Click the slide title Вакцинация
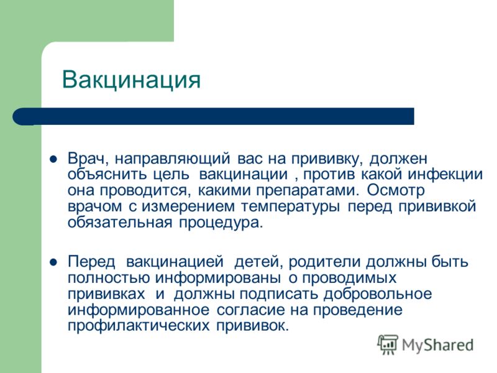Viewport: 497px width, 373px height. [x=131, y=80]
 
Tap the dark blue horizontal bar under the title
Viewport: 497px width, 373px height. [x=213, y=116]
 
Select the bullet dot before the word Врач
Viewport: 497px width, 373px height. [x=53, y=159]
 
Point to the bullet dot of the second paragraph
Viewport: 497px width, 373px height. [x=53, y=262]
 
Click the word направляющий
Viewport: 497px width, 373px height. [x=173, y=159]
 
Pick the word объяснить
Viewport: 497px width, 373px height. [x=107, y=175]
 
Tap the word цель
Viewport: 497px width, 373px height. [x=171, y=175]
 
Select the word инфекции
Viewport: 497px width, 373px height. [x=445, y=175]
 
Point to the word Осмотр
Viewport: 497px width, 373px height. [x=396, y=191]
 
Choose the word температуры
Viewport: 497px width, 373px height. [x=291, y=207]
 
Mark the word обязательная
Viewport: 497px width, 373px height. [x=120, y=223]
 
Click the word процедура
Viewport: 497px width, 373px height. [x=221, y=223]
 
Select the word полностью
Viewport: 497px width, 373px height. [x=108, y=279]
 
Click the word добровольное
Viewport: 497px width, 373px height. [x=378, y=294]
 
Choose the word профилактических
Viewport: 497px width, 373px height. [x=139, y=326]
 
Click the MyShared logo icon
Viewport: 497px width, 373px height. [x=388, y=344]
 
